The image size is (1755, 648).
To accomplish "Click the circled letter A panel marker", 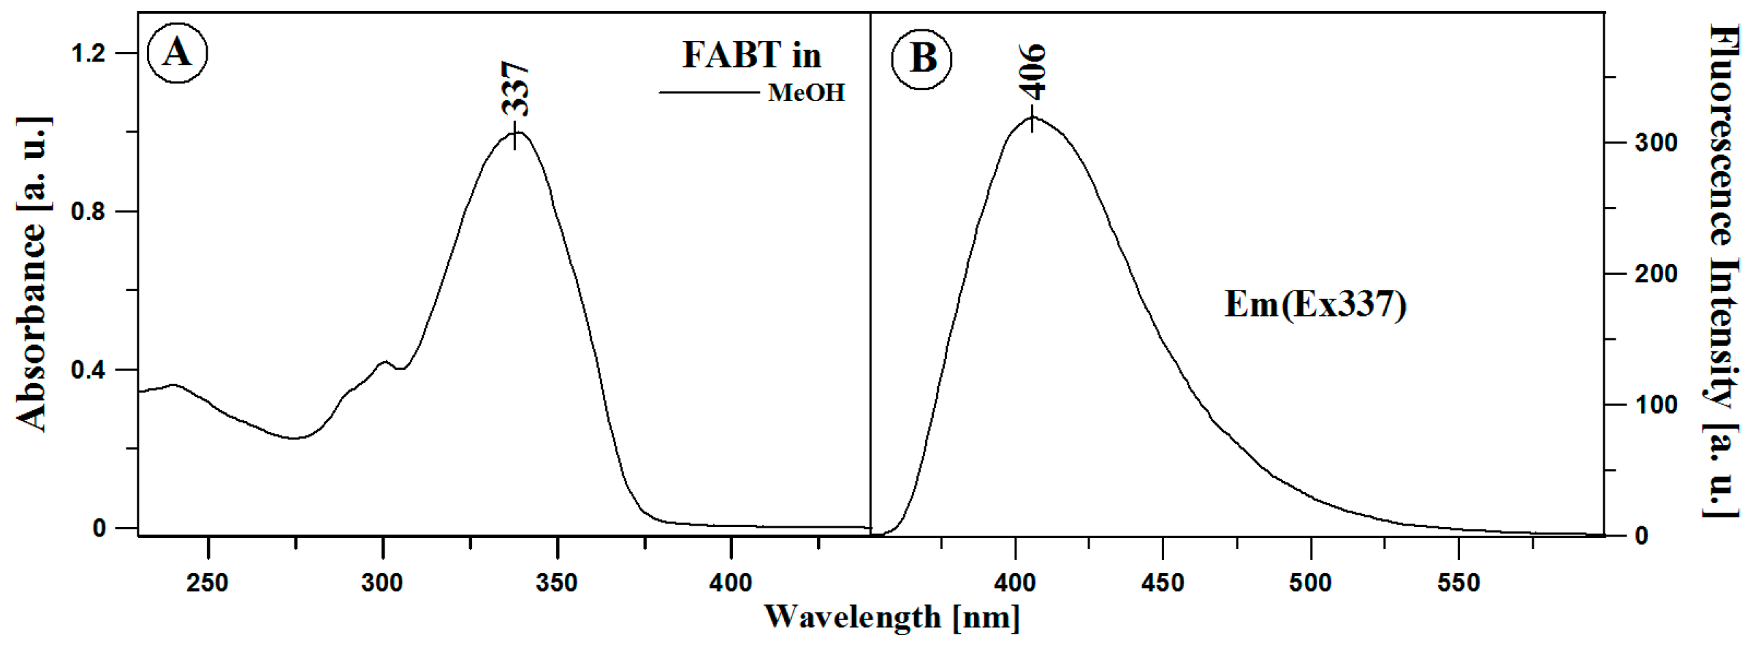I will [x=178, y=53].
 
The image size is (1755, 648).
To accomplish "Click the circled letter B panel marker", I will [x=922, y=58].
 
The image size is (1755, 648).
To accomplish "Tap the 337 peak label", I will [x=515, y=90].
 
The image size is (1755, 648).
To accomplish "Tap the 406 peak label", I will [x=1032, y=72].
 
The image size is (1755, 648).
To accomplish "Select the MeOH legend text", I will [x=806, y=93].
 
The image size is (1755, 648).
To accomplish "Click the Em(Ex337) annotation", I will [x=1315, y=305].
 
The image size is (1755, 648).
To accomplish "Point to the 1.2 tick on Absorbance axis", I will [x=88, y=53].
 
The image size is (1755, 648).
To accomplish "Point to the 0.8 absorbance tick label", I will [x=88, y=211].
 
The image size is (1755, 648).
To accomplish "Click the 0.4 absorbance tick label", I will [x=88, y=370].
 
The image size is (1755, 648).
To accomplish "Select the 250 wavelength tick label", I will [x=208, y=582].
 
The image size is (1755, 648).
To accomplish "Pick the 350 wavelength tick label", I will [x=557, y=582].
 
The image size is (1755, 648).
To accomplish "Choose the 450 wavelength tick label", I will [x=1163, y=582].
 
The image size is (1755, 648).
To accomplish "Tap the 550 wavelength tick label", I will [x=1459, y=582].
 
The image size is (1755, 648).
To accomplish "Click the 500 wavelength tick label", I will [x=1311, y=582].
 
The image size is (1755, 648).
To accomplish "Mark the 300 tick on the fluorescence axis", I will [x=1656, y=142].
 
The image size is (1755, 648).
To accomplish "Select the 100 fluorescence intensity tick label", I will [x=1656, y=405].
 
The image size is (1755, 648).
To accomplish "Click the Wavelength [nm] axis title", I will [x=892, y=617].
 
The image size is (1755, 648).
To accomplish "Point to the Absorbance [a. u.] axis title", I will [x=32, y=273].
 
